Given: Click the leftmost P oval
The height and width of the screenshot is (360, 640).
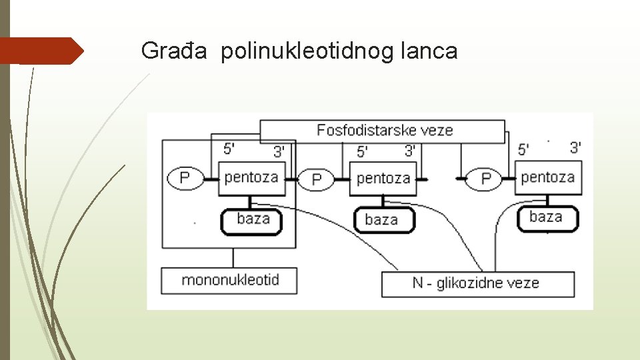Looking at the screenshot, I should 185,178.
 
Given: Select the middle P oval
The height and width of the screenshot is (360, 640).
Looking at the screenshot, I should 317,179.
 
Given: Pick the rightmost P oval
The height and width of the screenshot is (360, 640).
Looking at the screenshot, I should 486,179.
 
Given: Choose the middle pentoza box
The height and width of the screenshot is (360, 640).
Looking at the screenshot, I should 383,179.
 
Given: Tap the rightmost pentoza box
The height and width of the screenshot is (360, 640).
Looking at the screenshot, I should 547,177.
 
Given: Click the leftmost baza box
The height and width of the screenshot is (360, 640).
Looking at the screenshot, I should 253,220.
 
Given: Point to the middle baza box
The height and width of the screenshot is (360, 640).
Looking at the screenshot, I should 382,220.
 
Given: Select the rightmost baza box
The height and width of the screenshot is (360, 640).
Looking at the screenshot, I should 547,218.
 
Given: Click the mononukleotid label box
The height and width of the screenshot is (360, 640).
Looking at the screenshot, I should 229,280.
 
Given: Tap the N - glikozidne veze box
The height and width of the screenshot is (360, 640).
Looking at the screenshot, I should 477,283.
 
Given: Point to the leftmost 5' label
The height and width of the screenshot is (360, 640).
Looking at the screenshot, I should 228,149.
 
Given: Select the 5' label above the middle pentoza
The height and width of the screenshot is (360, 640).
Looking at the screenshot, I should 362,152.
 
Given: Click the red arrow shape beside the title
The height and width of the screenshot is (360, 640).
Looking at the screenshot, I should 41,51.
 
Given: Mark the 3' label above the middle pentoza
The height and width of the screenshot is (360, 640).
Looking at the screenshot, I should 411,151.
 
